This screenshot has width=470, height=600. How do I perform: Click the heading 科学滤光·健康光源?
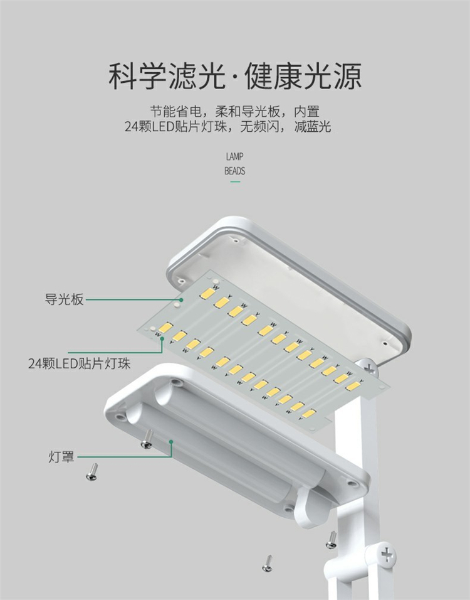[235, 76]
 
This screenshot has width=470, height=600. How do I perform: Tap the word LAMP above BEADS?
[234, 157]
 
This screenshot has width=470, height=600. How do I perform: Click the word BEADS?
[234, 171]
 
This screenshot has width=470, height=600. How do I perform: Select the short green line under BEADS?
[235, 182]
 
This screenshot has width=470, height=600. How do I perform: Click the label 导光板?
[64, 299]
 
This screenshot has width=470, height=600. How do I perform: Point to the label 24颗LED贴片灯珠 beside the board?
[79, 363]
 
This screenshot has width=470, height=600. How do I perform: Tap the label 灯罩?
[61, 456]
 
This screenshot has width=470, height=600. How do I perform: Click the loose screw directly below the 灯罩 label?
[91, 471]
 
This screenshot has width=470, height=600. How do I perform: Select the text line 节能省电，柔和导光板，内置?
[234, 112]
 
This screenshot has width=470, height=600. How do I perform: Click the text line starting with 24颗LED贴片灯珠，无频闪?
[227, 127]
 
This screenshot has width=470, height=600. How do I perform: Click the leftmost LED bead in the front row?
[165, 328]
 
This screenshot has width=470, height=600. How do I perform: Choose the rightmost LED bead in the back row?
[353, 385]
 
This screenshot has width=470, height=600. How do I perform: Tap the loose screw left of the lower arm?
[331, 539]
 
